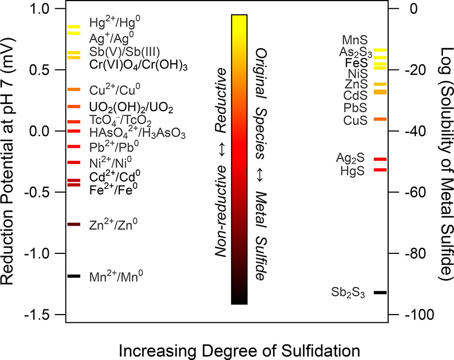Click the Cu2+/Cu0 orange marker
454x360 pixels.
click(74, 89)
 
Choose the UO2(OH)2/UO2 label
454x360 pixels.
click(131, 108)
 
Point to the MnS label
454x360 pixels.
click(355, 40)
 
